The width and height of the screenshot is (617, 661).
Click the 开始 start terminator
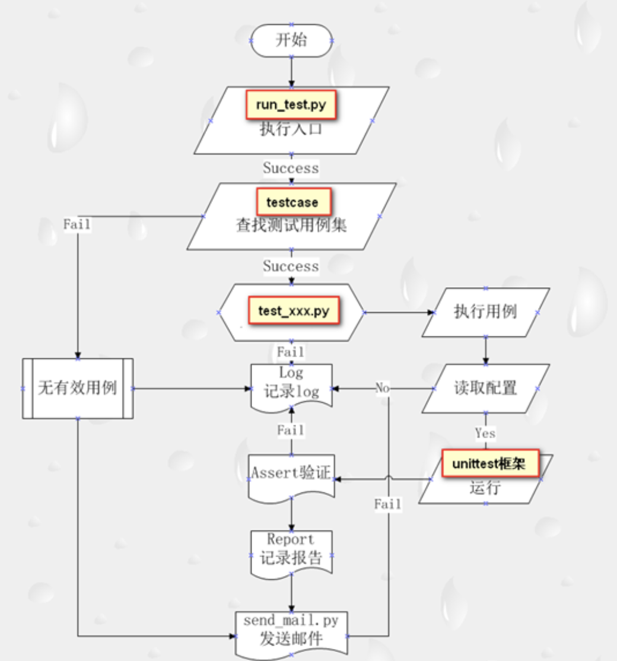[291, 40]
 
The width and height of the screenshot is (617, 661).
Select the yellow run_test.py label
[291, 105]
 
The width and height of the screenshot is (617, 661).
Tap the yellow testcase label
[292, 202]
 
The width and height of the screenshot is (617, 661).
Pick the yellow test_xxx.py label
[294, 311]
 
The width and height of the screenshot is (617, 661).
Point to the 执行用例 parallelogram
[485, 312]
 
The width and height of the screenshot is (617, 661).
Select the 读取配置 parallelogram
[485, 388]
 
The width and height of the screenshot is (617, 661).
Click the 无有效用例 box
[77, 388]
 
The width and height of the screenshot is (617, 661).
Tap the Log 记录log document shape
[291, 384]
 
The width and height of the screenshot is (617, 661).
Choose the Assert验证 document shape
[291, 474]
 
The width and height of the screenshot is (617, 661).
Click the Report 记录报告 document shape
[291, 549]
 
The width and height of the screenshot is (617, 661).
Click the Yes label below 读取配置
[485, 433]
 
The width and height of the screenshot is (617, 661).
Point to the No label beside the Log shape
[383, 388]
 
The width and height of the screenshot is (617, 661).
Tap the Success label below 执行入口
[291, 168]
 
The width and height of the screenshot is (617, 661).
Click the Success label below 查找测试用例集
[291, 266]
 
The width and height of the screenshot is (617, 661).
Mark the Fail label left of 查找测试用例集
[77, 224]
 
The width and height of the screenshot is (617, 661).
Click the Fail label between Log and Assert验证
[291, 430]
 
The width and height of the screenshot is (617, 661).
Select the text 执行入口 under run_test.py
[291, 129]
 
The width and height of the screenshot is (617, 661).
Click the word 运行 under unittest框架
[485, 488]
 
